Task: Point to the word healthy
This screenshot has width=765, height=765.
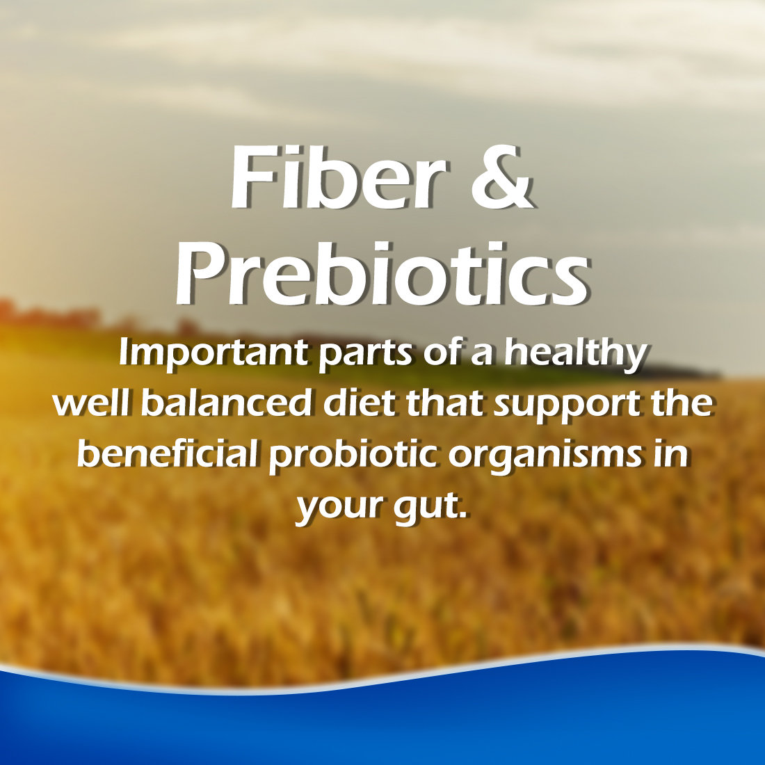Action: (x=575, y=354)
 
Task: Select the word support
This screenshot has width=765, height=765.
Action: (x=566, y=406)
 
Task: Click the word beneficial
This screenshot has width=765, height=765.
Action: (x=168, y=453)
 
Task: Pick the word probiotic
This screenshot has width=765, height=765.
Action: (x=353, y=456)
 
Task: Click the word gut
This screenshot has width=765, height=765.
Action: (x=423, y=508)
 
